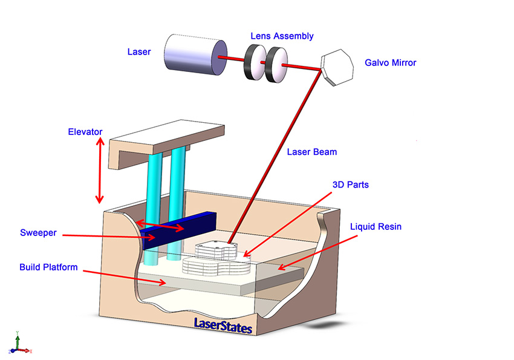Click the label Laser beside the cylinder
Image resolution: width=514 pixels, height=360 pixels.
coord(139,52)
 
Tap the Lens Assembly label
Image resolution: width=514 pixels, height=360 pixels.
coord(282,36)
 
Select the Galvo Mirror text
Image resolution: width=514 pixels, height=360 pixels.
coord(391,63)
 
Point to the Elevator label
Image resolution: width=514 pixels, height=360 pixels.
coord(85,132)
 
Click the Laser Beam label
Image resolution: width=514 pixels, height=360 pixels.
coord(312,152)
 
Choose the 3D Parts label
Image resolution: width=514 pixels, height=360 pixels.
coord(350,185)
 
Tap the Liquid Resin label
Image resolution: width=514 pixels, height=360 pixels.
coord(376,226)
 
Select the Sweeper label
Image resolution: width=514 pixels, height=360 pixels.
coord(38,233)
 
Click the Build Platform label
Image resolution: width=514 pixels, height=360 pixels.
coord(48,267)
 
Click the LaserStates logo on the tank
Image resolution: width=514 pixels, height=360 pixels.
coord(223,326)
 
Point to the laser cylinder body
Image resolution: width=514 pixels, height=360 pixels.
coord(195,54)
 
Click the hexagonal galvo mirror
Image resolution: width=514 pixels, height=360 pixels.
coord(337,67)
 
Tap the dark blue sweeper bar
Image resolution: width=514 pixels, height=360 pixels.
coord(179,230)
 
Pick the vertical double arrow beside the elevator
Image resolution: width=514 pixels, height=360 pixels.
coord(100,170)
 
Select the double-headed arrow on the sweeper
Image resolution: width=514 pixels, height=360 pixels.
coord(160,226)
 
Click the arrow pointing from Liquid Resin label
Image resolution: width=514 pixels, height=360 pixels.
coord(317,252)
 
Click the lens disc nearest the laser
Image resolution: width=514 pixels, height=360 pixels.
coord(255,62)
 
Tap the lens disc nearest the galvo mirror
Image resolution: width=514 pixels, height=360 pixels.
coord(276,65)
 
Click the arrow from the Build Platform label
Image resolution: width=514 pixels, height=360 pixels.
coord(125,278)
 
